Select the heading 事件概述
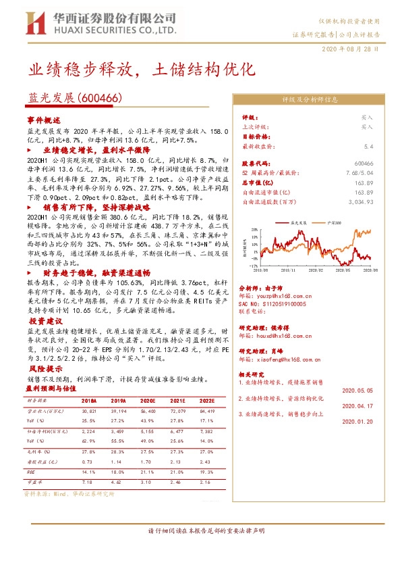pos(43,119)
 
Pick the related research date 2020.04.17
pos(358,406)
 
